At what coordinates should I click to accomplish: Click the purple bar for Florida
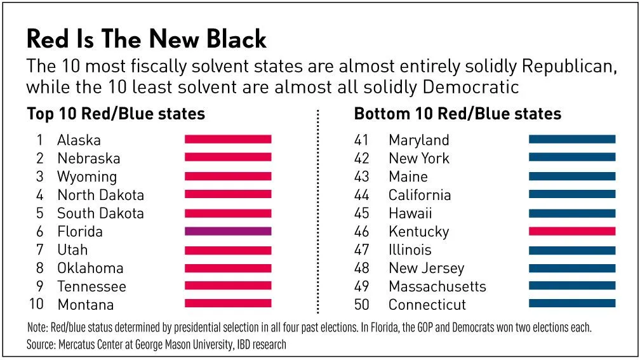(x=228, y=231)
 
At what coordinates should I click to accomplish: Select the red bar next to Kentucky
(x=572, y=231)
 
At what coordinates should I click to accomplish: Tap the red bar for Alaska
(x=228, y=139)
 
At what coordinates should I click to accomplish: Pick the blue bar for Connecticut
(x=572, y=303)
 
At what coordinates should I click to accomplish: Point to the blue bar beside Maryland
(x=572, y=139)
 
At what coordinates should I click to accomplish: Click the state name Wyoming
(x=87, y=177)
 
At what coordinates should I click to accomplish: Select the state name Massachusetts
(x=437, y=286)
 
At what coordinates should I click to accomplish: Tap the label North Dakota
(x=100, y=195)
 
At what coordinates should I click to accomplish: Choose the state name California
(x=420, y=195)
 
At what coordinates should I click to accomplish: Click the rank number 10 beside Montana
(x=36, y=304)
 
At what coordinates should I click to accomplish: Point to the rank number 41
(x=361, y=140)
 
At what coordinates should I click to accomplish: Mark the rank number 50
(x=361, y=304)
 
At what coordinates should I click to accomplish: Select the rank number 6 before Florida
(x=39, y=232)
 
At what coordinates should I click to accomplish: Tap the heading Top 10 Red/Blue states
(x=116, y=114)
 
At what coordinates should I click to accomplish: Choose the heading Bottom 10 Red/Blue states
(x=457, y=114)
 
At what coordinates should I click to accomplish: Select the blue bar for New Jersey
(x=572, y=267)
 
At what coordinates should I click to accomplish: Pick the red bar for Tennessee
(x=228, y=286)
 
